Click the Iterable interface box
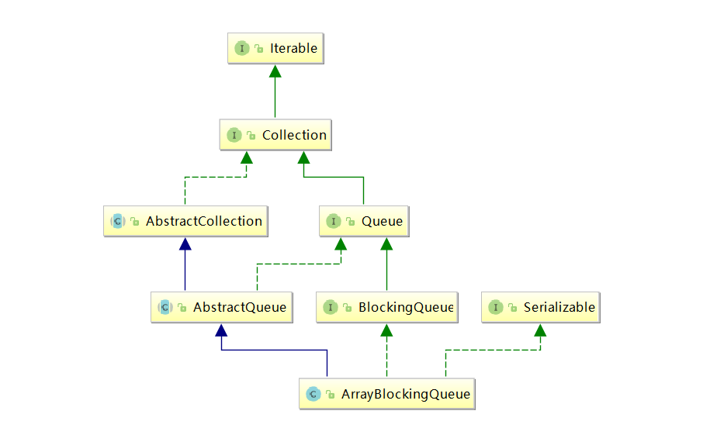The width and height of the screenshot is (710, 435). [275, 48]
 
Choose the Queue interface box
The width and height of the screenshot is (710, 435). [363, 221]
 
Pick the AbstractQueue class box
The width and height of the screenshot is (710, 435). [222, 307]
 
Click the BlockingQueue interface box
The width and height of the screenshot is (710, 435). [386, 307]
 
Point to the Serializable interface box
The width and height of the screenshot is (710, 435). [541, 307]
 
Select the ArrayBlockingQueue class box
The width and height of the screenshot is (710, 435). [386, 394]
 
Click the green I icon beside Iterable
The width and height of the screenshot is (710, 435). [242, 48]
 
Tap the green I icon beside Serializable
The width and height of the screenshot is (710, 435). [495, 308]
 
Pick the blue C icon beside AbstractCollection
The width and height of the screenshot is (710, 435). [118, 222]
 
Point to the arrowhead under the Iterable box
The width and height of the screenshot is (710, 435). [275, 71]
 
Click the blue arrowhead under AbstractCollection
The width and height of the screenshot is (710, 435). [185, 243]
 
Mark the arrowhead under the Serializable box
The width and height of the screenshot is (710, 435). [540, 330]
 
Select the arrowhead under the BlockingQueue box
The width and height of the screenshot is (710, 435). [386, 330]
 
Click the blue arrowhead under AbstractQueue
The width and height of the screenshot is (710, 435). [222, 330]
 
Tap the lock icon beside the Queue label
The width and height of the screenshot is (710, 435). [350, 222]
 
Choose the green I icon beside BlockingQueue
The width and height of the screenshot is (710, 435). [330, 308]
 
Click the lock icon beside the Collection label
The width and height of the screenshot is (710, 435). [251, 136]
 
